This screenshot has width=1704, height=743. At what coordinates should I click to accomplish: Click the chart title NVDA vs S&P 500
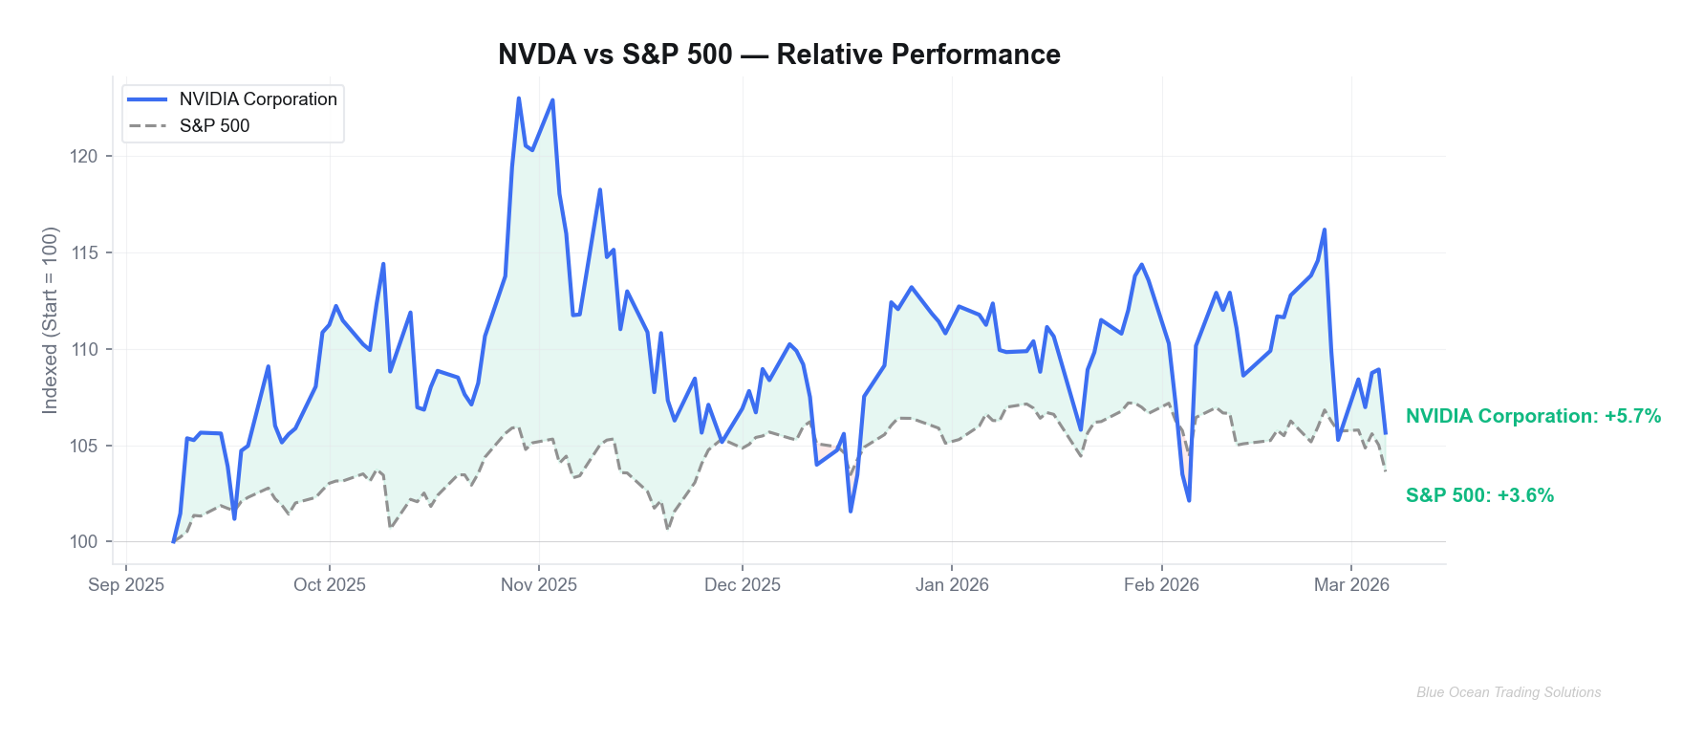tap(779, 55)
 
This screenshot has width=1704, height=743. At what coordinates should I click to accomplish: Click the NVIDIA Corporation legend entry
tap(257, 99)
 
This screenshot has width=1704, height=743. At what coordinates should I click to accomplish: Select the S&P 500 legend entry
tap(214, 126)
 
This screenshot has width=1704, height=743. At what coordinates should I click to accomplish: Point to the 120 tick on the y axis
tap(84, 157)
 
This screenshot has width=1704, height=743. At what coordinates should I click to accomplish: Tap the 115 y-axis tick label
tap(84, 253)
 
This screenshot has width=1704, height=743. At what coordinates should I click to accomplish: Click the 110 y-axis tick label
tap(84, 350)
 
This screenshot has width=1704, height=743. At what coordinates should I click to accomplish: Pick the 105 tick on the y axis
tap(84, 446)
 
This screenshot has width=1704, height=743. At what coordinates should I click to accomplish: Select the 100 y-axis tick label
tap(84, 542)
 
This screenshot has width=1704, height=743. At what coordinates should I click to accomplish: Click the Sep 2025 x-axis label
tap(126, 585)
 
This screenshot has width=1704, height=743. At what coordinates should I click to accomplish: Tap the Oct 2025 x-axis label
tap(330, 585)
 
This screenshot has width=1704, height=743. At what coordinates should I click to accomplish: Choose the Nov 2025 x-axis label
tap(539, 585)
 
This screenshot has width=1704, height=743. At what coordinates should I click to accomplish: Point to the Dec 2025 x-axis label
tap(743, 585)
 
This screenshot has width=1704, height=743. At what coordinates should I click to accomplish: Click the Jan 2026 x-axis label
tap(952, 585)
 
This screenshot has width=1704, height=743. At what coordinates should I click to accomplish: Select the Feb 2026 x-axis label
tap(1161, 585)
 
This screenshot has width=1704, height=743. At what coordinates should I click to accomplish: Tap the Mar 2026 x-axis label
tap(1351, 585)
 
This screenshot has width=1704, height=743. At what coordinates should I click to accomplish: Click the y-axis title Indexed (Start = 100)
tap(51, 320)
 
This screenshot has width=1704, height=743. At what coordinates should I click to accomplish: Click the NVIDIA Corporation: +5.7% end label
tap(1533, 416)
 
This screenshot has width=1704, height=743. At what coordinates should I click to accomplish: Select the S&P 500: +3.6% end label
tap(1479, 495)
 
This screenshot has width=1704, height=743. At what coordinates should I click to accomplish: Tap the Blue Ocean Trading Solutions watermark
tap(1508, 692)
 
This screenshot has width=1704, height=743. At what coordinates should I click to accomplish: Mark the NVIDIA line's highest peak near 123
tap(519, 98)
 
